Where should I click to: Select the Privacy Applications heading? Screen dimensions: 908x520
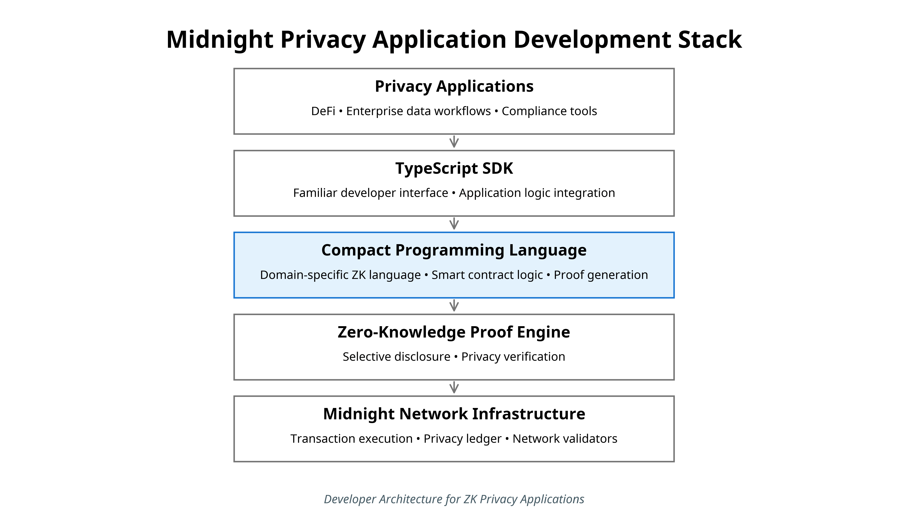point(454,87)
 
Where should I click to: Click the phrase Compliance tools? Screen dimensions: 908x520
point(549,111)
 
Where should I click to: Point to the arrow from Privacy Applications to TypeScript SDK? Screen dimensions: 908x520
point(454,142)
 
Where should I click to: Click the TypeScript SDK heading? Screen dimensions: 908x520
point(454,168)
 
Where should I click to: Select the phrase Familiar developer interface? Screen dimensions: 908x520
point(371,193)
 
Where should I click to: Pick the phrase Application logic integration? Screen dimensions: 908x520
point(537,193)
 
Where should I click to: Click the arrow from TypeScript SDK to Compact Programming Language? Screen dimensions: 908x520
point(454,224)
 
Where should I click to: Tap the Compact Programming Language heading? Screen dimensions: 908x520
point(454,250)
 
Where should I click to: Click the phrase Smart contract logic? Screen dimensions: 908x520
point(487,275)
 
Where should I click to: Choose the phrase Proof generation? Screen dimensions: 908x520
point(601,275)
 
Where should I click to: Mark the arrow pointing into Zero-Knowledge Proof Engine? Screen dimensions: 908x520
point(454,306)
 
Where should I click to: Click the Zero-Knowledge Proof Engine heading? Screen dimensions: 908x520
point(454,332)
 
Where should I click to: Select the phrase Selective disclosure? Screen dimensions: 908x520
point(396,356)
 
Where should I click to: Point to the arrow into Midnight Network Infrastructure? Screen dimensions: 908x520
point(454,387)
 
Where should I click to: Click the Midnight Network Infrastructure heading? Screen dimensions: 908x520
point(454,414)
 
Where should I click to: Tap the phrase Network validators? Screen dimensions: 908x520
point(565,438)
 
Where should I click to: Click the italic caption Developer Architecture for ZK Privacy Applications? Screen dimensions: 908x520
point(454,499)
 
